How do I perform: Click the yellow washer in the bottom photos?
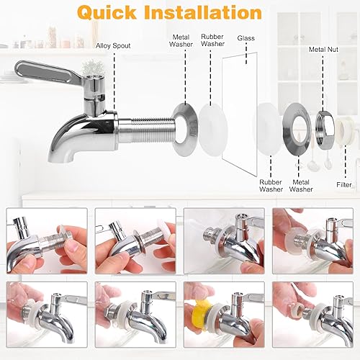tap(205, 314)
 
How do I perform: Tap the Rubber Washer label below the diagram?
tap(271, 186)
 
